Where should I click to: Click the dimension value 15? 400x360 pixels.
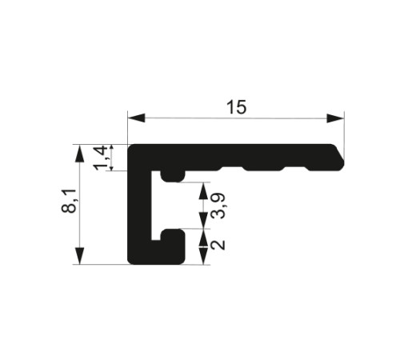(237, 107)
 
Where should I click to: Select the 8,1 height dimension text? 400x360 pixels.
(69, 201)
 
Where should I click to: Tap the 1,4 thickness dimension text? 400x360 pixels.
(101, 158)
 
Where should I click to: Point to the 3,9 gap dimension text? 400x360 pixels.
(218, 206)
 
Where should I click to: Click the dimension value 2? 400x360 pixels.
(218, 245)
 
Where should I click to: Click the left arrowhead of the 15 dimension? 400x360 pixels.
(136, 118)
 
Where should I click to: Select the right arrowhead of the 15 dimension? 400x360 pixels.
(335, 118)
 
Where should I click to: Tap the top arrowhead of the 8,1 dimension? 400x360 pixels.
(80, 153)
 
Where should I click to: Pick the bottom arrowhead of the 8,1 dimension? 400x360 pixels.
(80, 256)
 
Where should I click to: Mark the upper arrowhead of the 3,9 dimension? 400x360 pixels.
(203, 191)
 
